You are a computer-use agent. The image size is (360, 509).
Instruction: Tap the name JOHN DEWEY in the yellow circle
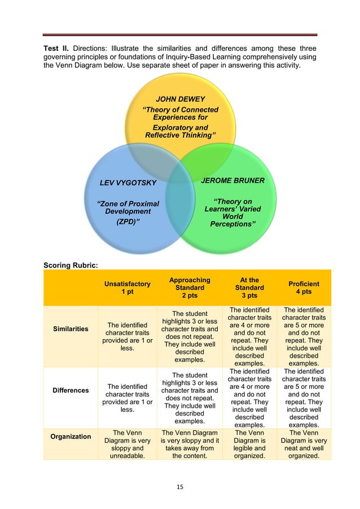[x=180, y=99]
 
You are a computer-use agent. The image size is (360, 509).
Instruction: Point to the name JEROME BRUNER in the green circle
[x=232, y=181]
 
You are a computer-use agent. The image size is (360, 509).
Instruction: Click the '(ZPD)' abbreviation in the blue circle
[x=128, y=222]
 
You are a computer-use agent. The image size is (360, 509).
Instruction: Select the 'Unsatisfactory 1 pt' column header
[x=127, y=288]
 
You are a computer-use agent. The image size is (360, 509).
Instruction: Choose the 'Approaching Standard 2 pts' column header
[x=190, y=288]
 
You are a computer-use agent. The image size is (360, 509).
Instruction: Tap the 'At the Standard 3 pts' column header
[x=249, y=288]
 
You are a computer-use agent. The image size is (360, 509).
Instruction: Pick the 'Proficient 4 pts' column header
[x=304, y=288]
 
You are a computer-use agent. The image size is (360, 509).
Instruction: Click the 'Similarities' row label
[x=71, y=329]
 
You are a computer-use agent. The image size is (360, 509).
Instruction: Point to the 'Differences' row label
[x=71, y=390]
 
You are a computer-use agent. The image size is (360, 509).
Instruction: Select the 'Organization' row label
[x=71, y=436]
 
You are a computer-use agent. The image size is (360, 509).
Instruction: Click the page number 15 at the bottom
[x=180, y=486]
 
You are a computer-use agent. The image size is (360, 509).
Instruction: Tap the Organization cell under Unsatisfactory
[x=127, y=444]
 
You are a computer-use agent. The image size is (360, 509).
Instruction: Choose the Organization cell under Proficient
[x=304, y=444]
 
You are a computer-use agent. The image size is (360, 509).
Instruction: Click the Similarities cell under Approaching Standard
[x=190, y=336]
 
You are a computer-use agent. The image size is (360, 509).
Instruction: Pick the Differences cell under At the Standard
[x=249, y=398]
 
